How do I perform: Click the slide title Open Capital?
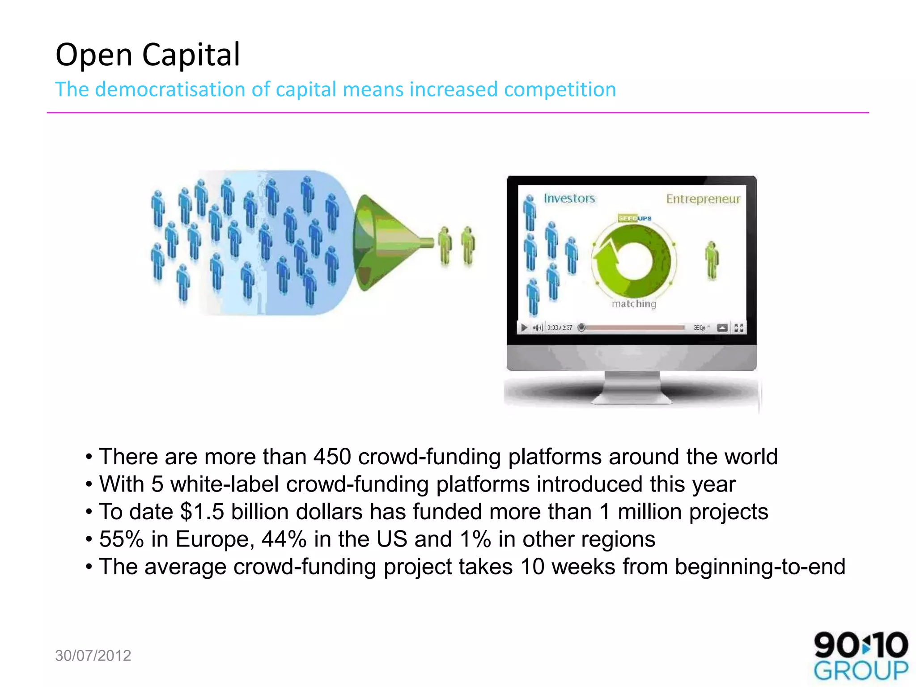(x=148, y=55)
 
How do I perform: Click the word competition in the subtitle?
(x=560, y=89)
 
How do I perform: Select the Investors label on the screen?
(x=569, y=198)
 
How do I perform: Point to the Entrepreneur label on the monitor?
(x=703, y=199)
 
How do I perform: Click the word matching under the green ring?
(x=634, y=304)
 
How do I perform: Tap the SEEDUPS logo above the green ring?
(x=635, y=218)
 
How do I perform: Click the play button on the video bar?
(x=524, y=328)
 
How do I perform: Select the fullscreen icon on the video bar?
(x=738, y=328)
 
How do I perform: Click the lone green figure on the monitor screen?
(x=712, y=260)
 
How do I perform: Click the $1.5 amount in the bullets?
(x=202, y=512)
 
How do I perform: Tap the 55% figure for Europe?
(x=121, y=539)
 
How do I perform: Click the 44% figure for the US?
(x=284, y=539)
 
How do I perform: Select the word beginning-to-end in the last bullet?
(x=760, y=567)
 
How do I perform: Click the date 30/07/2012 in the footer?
(x=93, y=656)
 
